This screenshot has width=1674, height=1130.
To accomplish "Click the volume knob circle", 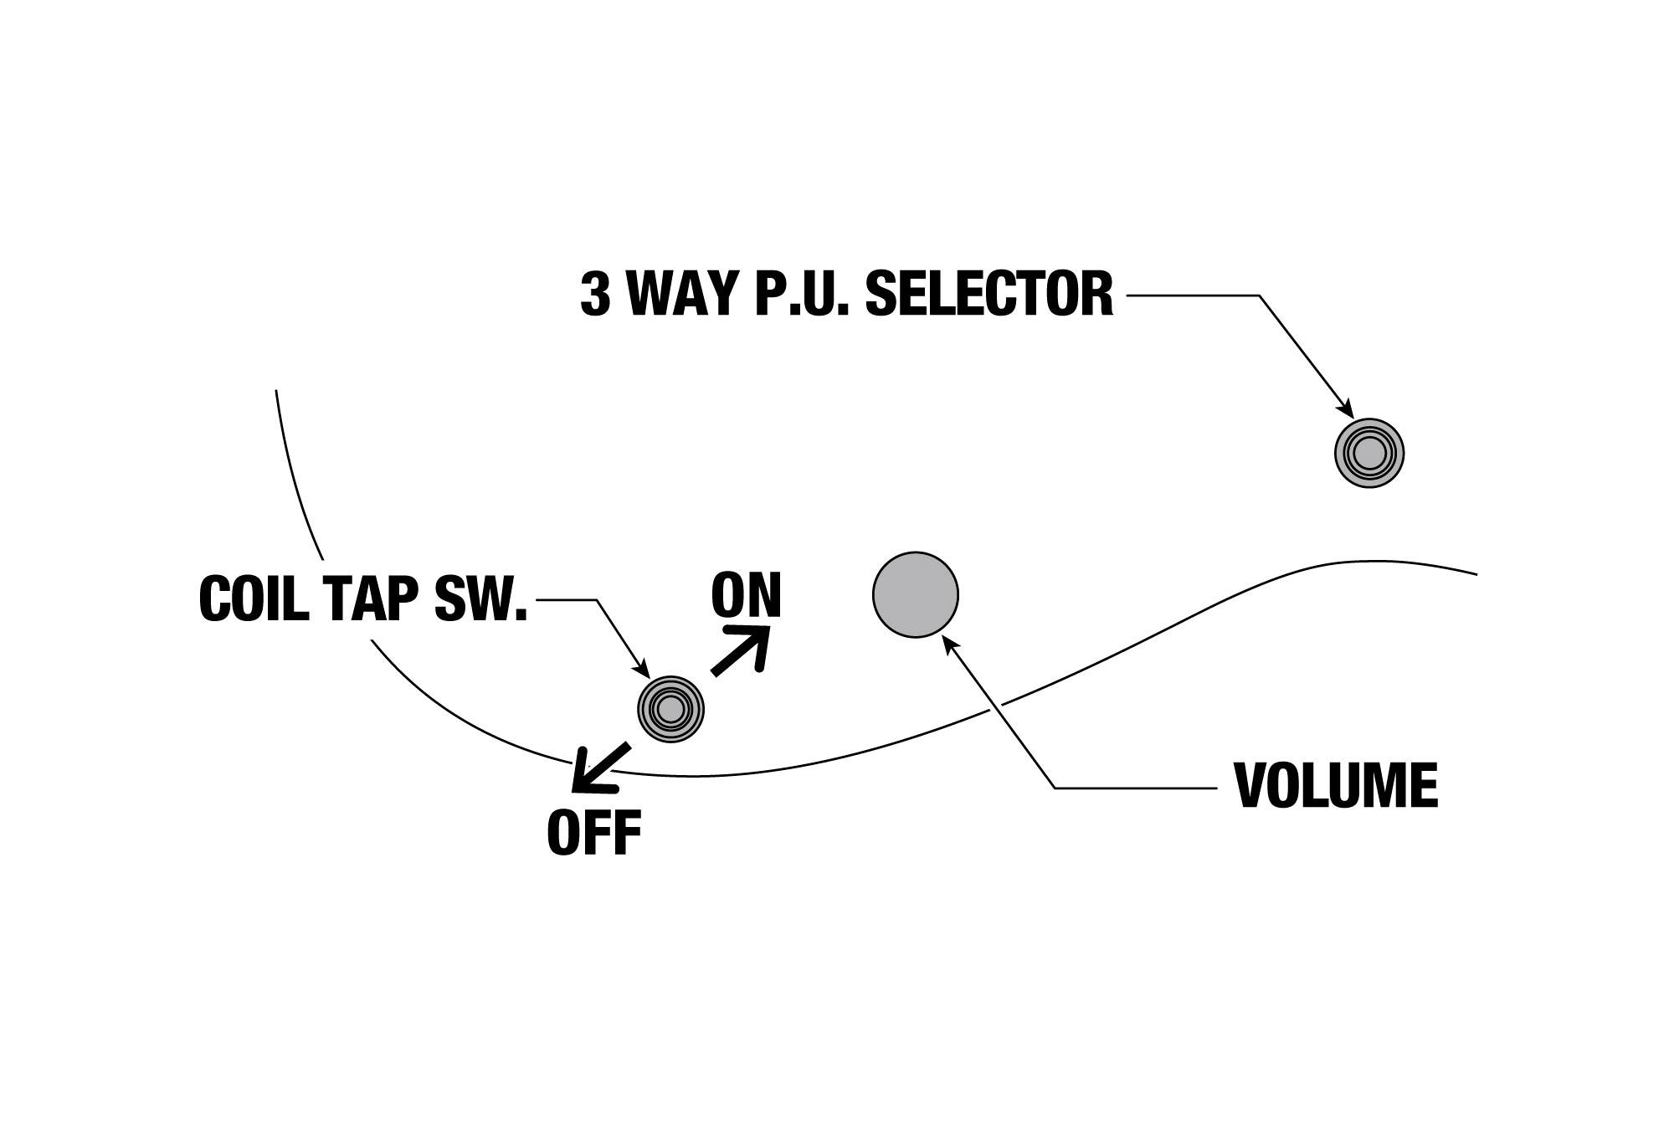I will [915, 594].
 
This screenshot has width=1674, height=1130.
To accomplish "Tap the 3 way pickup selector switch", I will [1369, 453].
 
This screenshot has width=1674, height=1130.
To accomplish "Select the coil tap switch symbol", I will [670, 709].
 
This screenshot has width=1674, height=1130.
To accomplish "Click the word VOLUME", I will [1336, 785].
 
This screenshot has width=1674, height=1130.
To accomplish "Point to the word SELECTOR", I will [988, 294].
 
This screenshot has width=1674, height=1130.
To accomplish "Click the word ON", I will [746, 595].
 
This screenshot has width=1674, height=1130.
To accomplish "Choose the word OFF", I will [593, 832].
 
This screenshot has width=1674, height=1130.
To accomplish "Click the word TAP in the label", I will [373, 598].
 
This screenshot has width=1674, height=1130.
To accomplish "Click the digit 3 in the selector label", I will [594, 294].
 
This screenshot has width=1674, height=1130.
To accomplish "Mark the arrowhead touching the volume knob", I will [949, 642].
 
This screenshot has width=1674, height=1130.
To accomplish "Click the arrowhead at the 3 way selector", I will [1347, 411].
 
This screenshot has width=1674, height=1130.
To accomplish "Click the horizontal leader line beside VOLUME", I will [1134, 788].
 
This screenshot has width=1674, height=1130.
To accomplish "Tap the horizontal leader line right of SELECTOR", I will [1193, 295].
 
